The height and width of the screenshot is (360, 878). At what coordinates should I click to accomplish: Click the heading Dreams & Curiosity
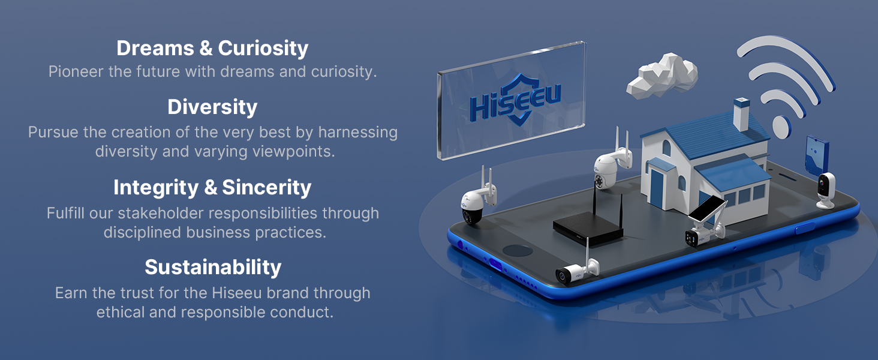(x=212, y=49)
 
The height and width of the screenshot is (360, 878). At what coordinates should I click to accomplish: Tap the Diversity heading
(x=212, y=107)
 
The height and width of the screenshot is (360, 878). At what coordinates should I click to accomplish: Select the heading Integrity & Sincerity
(x=212, y=187)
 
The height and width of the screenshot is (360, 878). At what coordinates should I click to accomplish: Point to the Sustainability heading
(x=213, y=268)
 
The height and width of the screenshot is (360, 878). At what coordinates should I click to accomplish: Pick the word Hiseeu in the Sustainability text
(x=237, y=293)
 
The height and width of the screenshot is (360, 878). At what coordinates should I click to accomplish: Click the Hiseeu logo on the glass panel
(x=515, y=100)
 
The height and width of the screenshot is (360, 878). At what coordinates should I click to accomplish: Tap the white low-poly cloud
(x=663, y=76)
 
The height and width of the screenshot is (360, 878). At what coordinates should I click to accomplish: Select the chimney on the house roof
(x=741, y=114)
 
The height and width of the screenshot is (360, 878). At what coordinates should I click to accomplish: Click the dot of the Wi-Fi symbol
(x=781, y=127)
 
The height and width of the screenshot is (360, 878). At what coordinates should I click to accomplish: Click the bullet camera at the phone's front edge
(x=576, y=272)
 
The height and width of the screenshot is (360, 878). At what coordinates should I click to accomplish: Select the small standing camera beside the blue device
(x=826, y=191)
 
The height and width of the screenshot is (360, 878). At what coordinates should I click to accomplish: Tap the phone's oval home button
(x=518, y=250)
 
